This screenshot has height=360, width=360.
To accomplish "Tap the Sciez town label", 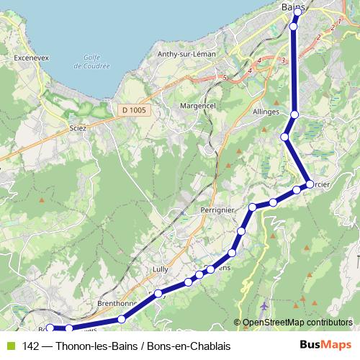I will pos(77,128).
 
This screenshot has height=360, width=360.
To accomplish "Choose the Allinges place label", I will pos(266,113).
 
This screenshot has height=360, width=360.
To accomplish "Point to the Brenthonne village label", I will pos(117,304).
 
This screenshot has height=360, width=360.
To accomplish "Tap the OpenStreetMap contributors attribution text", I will pos(297,323).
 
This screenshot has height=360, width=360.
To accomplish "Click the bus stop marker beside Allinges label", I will pos(294,114).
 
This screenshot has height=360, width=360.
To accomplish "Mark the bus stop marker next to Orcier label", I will pos(310,184).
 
